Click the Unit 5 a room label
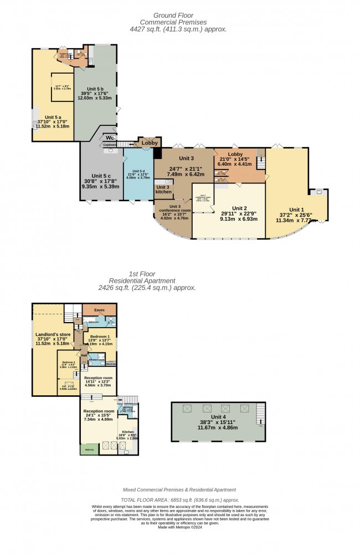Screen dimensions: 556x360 point(53,118)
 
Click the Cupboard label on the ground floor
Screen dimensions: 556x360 point(109,145)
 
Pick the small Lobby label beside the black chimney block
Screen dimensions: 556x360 point(150,142)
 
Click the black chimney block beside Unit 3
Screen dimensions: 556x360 point(157,154)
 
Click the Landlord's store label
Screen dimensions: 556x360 point(53,334)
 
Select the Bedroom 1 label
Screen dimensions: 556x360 point(100,336)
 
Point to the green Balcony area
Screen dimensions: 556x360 point(86,449)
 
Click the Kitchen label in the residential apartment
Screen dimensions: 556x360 point(128,431)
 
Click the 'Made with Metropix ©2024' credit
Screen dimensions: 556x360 point(179,526)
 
